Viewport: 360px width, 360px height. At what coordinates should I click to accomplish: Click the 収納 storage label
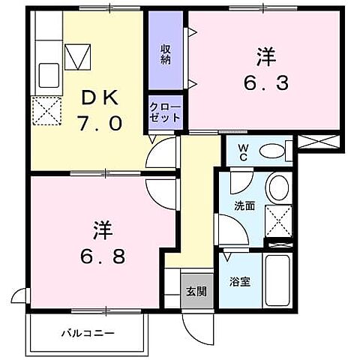click(x=165, y=54)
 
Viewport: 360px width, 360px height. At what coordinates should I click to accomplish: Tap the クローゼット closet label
click(x=165, y=112)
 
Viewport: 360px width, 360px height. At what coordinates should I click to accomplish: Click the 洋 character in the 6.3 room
click(x=265, y=55)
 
